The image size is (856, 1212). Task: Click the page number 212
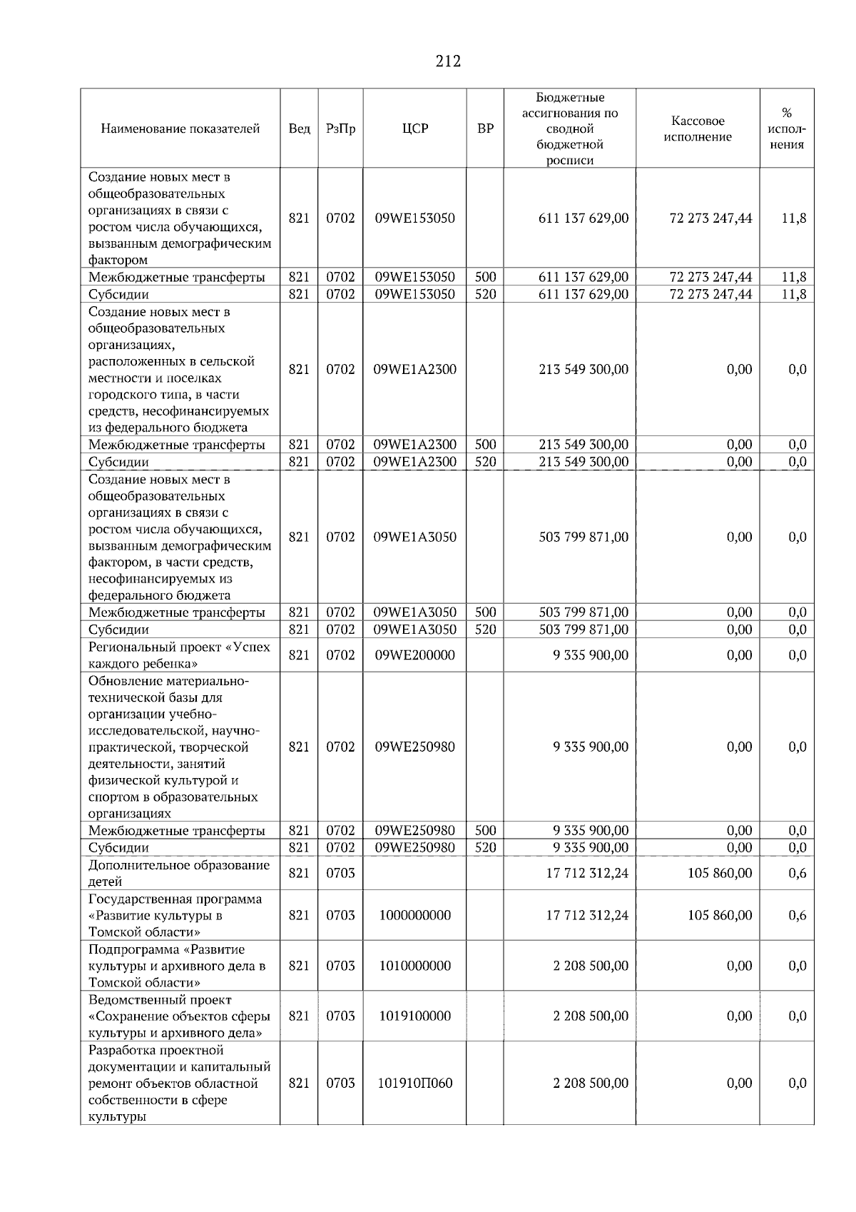click(448, 61)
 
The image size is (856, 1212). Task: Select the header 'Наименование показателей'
click(180, 129)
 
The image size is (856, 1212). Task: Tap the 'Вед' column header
click(299, 129)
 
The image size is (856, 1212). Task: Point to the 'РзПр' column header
click(340, 129)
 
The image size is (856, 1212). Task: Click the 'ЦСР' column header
click(414, 129)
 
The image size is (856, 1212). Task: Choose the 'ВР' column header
click(485, 129)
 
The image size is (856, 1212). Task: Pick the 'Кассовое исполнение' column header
click(697, 129)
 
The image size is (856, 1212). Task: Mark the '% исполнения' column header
click(786, 129)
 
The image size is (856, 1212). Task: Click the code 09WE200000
click(414, 655)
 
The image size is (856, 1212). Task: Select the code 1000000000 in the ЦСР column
click(414, 915)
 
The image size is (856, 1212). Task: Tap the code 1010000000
click(414, 966)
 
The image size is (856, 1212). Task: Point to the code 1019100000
click(414, 1016)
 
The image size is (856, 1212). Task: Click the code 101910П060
click(414, 1083)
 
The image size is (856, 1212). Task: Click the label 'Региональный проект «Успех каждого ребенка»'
click(179, 655)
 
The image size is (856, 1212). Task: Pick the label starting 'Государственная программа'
click(175, 915)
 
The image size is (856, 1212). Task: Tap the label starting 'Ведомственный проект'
click(179, 1016)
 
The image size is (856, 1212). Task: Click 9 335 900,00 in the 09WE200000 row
click(591, 655)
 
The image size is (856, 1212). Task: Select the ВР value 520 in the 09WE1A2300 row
click(485, 462)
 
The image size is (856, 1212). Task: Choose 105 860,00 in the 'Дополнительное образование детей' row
click(719, 873)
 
